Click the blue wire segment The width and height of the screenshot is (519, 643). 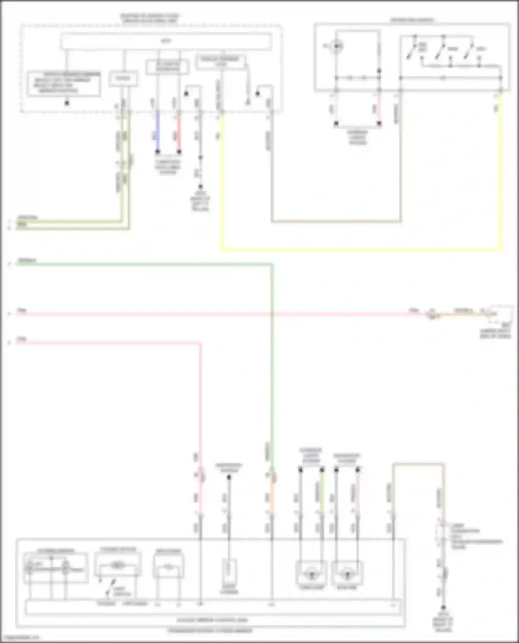click(x=157, y=131)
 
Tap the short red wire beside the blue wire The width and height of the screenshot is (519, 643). click(x=179, y=131)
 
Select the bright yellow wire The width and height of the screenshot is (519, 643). click(x=360, y=249)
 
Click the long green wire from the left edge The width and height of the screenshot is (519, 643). click(x=138, y=265)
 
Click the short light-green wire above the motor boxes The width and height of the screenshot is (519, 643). click(x=322, y=491)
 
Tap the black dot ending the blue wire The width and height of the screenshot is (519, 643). click(x=157, y=151)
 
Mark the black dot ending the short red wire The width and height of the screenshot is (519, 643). click(x=179, y=151)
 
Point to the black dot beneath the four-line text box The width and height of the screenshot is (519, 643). click(x=67, y=103)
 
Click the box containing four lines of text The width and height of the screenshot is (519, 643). click(x=64, y=84)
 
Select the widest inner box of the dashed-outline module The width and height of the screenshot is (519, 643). click(x=166, y=41)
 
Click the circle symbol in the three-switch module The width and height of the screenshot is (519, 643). click(x=336, y=46)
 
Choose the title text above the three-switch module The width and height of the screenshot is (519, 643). click(x=412, y=20)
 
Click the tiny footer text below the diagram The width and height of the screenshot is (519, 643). click(x=21, y=638)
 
